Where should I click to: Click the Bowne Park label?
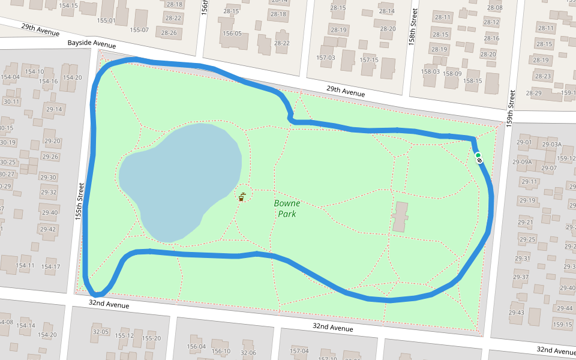click(x=287, y=208)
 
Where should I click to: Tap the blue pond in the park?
click(x=180, y=180)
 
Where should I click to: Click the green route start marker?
click(x=478, y=156)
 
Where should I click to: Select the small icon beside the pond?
click(x=242, y=196)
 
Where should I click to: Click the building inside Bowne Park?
click(x=400, y=217)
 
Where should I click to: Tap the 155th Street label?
click(x=79, y=201)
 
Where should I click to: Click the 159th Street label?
click(x=512, y=107)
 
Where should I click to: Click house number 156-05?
click(x=232, y=34)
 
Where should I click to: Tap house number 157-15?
click(x=368, y=60)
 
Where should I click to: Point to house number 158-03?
click(x=430, y=71)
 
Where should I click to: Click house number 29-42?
click(x=47, y=229)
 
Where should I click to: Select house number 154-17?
click(x=50, y=266)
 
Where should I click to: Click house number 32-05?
click(x=100, y=331)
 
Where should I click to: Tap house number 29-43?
click(x=516, y=313)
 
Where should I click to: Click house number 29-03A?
click(x=551, y=145)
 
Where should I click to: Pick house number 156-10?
click(x=221, y=351)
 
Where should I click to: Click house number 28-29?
click(x=533, y=93)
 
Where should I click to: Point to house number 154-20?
click(x=71, y=77)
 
